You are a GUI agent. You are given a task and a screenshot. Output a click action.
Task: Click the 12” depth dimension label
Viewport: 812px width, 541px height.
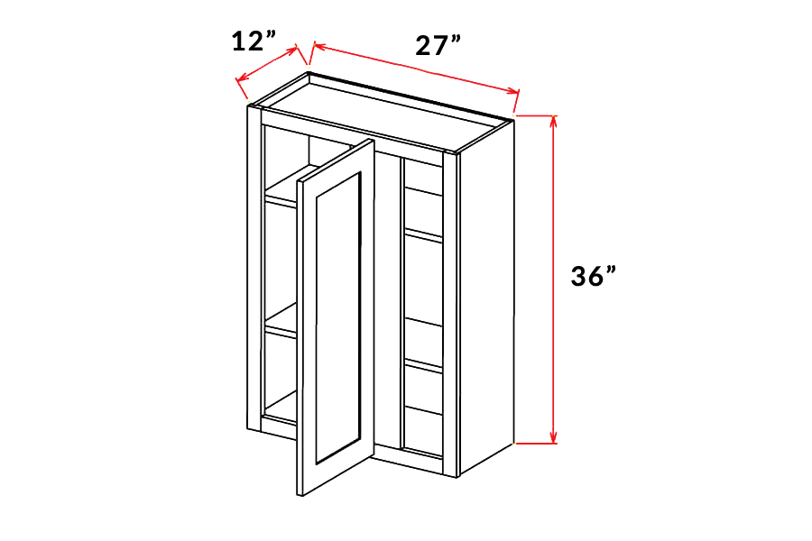tap(254, 41)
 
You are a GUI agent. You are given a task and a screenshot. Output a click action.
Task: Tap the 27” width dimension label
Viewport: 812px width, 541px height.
tap(438, 45)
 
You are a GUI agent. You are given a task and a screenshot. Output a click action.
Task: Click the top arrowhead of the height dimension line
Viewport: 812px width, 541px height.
tap(554, 120)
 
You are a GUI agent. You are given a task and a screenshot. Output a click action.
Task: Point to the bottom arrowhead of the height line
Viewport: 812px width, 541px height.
tap(554, 438)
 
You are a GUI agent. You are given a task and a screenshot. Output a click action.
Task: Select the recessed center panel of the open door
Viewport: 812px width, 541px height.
tap(337, 318)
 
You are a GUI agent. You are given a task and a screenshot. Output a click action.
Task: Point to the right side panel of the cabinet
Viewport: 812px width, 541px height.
tap(486, 296)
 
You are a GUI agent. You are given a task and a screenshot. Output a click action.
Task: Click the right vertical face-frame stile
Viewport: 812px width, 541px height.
tap(449, 313)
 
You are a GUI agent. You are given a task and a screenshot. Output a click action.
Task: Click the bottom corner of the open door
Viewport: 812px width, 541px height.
tap(300, 495)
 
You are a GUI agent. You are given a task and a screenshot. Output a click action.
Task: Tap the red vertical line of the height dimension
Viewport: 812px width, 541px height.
tap(554, 280)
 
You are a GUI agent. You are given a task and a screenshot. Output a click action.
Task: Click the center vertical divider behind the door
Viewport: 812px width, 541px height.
tap(401, 306)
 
